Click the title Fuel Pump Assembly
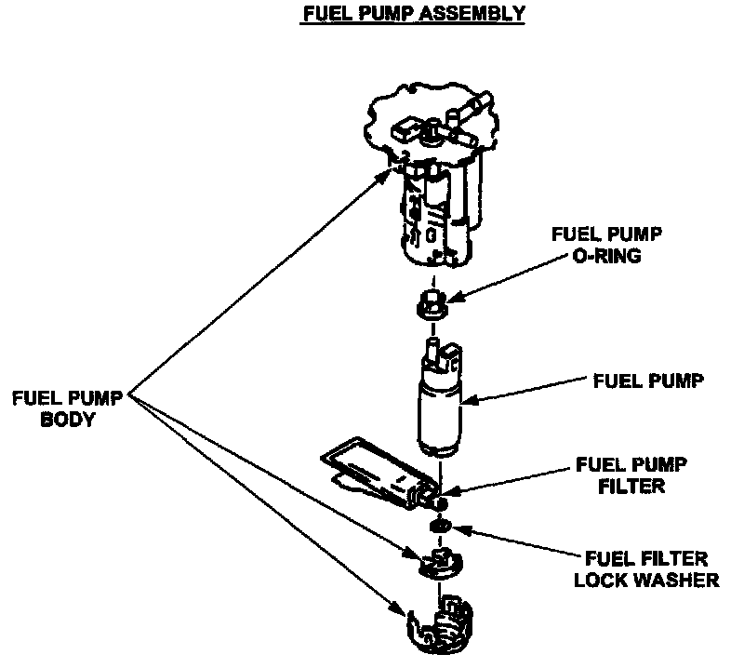(414, 13)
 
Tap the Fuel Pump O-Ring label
(595, 245)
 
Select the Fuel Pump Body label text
(70, 407)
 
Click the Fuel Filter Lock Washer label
(646, 569)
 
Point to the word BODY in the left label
(70, 420)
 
